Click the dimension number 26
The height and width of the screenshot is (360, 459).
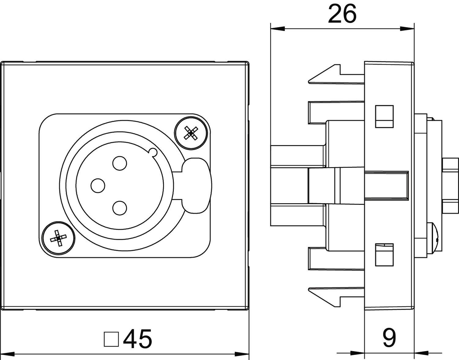coord(342,14)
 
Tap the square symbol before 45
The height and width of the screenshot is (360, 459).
coord(111,339)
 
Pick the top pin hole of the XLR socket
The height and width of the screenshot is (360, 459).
coord(119,163)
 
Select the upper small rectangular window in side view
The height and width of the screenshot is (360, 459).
coord(384,116)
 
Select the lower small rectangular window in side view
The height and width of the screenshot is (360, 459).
coord(384,254)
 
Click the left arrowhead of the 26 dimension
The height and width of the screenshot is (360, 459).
coord(277,29)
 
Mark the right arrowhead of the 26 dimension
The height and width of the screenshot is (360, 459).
coord(407,29)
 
